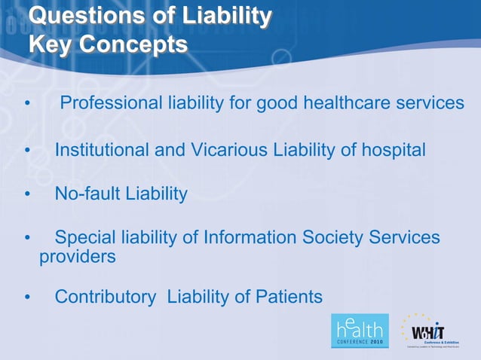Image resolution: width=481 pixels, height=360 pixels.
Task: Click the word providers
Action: click(77, 257)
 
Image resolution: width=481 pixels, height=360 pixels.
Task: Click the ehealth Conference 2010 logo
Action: click(359, 330)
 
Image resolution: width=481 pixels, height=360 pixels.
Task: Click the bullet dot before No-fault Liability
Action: click(28, 195)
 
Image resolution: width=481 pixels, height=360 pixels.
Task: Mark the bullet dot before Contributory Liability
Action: click(28, 297)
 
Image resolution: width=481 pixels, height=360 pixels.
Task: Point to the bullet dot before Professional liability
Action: click(28, 103)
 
